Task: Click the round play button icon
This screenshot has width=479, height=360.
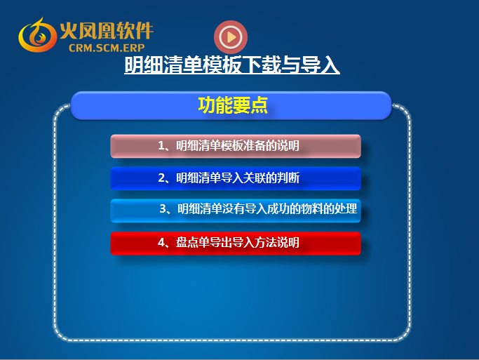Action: (231, 37)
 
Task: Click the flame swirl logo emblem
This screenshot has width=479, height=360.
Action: (37, 35)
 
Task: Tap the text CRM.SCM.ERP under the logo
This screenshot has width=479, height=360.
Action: (107, 48)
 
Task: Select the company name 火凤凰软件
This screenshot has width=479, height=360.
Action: (107, 31)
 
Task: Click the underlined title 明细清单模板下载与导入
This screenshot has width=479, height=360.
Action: (232, 65)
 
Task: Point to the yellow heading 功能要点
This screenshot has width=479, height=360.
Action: (233, 105)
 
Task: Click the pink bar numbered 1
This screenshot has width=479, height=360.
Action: (236, 146)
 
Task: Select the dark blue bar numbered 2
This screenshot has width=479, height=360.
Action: (236, 178)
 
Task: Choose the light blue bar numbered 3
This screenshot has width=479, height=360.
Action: (236, 211)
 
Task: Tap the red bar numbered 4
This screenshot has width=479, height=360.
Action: (236, 244)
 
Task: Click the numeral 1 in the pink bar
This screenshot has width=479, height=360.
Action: (161, 146)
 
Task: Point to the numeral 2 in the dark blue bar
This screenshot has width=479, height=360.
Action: (161, 178)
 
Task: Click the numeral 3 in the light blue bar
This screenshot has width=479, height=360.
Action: (163, 208)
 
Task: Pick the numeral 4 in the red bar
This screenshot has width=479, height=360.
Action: (161, 242)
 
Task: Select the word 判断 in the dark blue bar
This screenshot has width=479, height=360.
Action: (288, 178)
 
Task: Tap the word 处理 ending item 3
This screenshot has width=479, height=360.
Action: (346, 208)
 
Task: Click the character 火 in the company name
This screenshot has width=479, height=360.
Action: (68, 31)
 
